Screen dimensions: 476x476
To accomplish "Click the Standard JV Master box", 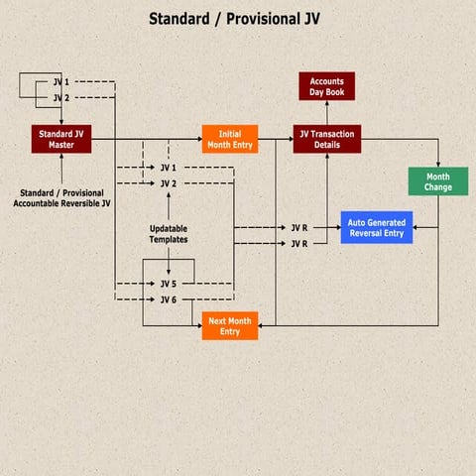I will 61,139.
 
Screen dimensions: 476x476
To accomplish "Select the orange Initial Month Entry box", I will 230,139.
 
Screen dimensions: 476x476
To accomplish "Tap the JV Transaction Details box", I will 326,139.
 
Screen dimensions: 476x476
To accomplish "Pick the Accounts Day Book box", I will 326,86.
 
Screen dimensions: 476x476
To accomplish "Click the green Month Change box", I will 438,181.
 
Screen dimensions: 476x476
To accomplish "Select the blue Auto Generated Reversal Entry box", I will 377,228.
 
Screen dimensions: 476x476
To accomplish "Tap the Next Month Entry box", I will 230,325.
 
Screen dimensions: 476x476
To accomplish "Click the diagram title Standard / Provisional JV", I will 234,19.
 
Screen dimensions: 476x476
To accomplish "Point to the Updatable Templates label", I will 169,234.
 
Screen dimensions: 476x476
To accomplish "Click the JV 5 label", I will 169,284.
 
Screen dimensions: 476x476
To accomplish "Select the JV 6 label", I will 169,299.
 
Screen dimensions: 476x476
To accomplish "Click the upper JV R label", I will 298,228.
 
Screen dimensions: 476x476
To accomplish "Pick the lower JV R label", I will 298,243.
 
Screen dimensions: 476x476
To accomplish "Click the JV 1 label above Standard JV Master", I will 60,82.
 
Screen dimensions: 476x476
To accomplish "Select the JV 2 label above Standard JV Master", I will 60,97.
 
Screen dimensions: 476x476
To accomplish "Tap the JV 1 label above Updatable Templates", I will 169,169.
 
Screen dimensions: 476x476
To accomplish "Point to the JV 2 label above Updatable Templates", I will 169,183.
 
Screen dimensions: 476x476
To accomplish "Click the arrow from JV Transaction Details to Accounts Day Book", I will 326,112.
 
